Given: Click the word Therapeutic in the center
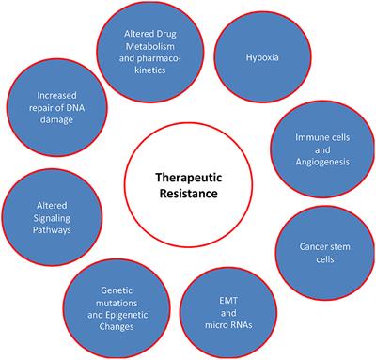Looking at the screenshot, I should (186, 174).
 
